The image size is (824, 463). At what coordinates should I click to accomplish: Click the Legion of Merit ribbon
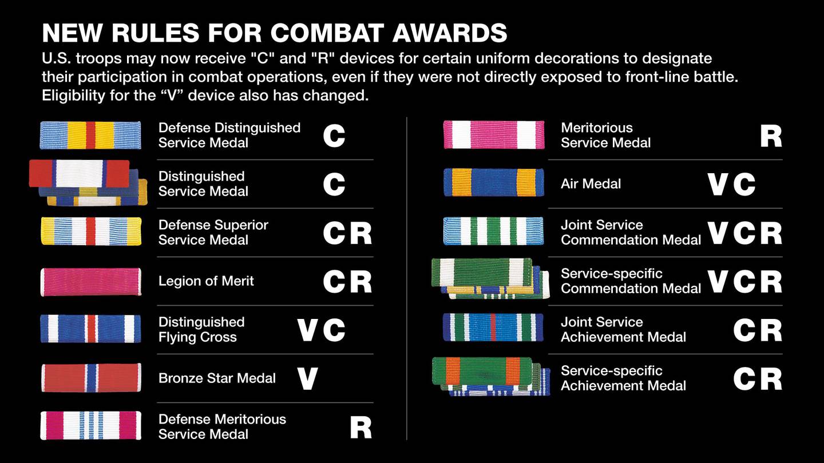90,281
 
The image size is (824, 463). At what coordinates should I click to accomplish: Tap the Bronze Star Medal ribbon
90,378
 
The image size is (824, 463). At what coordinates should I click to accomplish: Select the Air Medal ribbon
494,183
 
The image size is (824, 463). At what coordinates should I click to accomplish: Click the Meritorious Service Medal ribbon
494,135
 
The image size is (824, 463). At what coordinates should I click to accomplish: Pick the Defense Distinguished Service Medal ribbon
90,135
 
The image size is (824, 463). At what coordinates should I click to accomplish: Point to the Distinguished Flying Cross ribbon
90,329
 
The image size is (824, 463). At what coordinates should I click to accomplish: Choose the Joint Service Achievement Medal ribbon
494,328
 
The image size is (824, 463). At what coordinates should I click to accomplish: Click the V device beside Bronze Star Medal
307,378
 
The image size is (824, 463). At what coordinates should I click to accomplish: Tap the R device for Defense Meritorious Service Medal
360,427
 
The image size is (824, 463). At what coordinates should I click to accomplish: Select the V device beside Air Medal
718,184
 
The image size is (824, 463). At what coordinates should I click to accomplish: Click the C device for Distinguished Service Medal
334,184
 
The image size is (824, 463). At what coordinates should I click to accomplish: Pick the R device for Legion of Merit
360,281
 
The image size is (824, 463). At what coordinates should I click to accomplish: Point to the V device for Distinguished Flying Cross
307,330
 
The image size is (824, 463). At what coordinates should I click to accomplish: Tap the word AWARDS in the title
450,34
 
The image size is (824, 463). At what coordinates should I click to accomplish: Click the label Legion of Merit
206,281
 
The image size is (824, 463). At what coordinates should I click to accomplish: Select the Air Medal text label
591,184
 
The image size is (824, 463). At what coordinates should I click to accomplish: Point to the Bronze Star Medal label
217,378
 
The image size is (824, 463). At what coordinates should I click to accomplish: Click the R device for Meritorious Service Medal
771,136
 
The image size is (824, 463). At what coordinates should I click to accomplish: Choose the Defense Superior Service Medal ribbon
90,231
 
